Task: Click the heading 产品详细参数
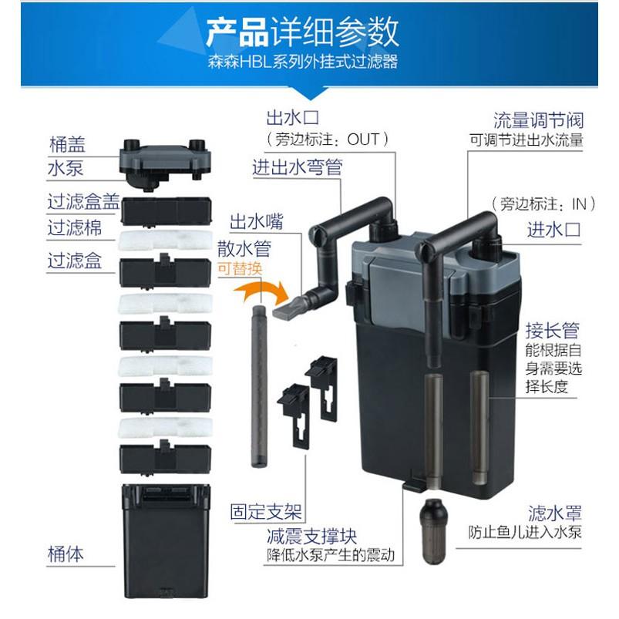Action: [x=302, y=32]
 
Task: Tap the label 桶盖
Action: [x=67, y=144]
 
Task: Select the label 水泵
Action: [x=66, y=168]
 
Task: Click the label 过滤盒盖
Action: [x=84, y=202]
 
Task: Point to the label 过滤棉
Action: [x=75, y=227]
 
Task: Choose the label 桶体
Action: [x=66, y=553]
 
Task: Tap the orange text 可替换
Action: [x=240, y=269]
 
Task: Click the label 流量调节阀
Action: [x=539, y=120]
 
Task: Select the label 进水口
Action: [x=554, y=230]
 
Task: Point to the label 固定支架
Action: [x=266, y=512]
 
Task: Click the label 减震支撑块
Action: [x=311, y=536]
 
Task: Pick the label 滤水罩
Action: [x=555, y=513]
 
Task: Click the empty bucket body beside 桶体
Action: [x=166, y=540]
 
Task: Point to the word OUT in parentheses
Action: [x=363, y=140]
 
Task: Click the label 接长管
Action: [x=552, y=331]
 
